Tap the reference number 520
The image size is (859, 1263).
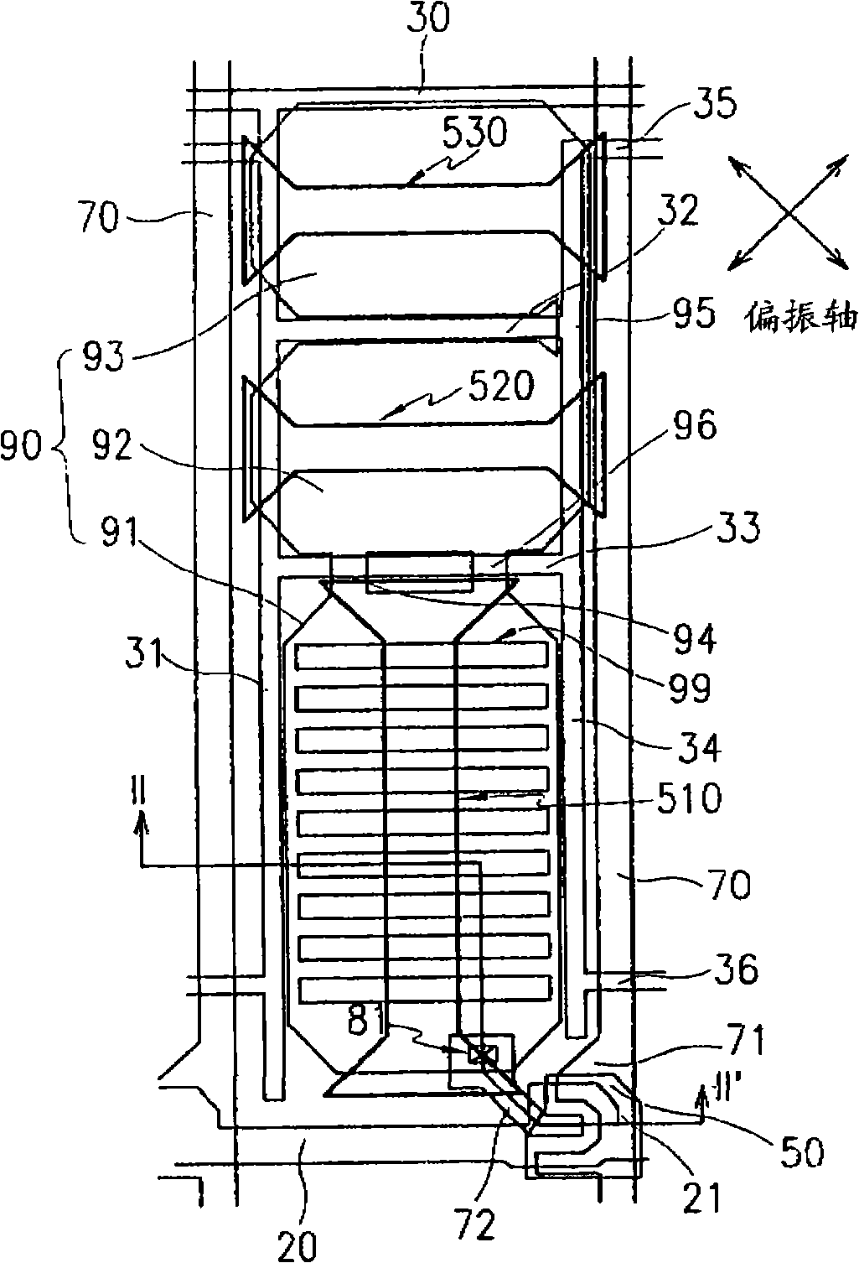501,387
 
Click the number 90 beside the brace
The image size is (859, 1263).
22,450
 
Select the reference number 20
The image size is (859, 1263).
297,1245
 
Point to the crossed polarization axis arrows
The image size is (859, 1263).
787,213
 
